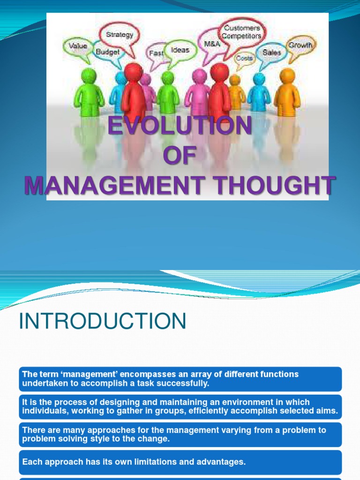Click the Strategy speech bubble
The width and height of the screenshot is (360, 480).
coord(120,35)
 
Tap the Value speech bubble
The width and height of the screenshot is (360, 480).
coord(78,46)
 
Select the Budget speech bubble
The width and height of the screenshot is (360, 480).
coord(108,52)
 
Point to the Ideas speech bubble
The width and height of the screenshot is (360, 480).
coord(180,50)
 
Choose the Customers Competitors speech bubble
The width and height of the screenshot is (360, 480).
coord(242,32)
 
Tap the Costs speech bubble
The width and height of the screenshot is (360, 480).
coord(244,58)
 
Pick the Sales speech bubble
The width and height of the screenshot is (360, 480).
coord(272,52)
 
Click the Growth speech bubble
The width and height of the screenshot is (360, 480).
coord(300,45)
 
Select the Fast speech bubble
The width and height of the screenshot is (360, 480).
coord(156,53)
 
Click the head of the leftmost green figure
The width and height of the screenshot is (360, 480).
coord(89,75)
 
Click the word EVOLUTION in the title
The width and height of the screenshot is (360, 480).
coord(180,126)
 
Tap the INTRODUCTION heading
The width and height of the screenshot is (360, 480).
coord(103,322)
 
